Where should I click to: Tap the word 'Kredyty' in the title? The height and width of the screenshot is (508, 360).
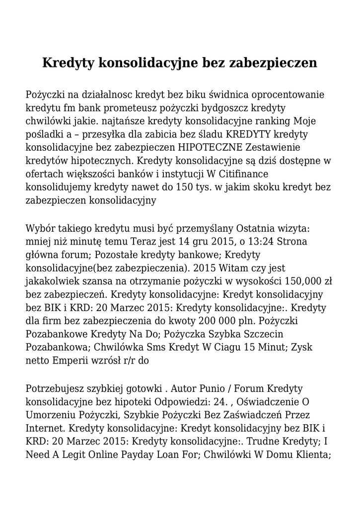pos(70,63)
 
